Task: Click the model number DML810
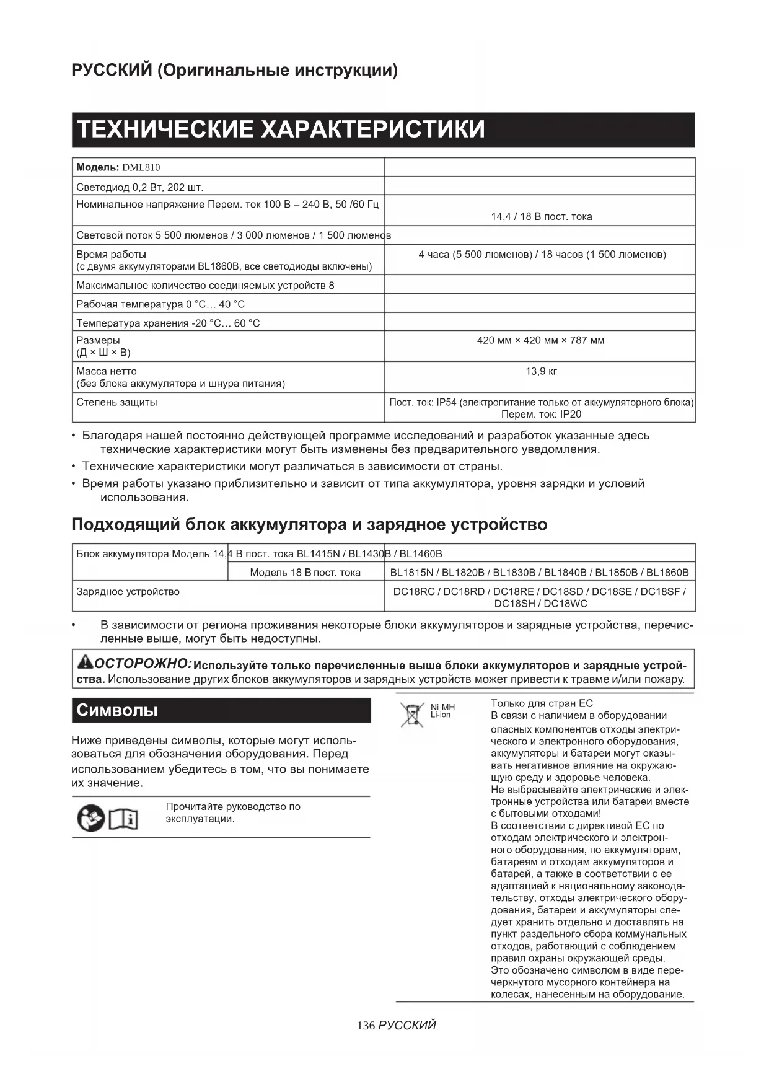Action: coord(141,167)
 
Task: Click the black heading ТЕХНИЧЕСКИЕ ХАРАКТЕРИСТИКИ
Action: coord(281,130)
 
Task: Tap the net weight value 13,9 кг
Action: coord(541,371)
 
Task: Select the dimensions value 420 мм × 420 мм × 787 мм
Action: coord(540,340)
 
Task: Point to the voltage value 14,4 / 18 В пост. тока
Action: coord(541,216)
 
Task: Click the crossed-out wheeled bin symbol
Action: coord(411,715)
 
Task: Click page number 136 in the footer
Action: coord(366,1026)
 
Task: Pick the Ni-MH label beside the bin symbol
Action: coord(442,707)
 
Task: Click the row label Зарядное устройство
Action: coord(128,592)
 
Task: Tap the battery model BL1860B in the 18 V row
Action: coord(667,573)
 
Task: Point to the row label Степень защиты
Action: coord(116,402)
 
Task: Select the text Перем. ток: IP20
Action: coord(541,415)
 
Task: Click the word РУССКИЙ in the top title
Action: coord(112,70)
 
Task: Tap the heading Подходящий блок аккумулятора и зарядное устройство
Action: coord(309,525)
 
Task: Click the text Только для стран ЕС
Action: coord(542,703)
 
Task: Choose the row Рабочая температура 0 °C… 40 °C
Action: coord(160,304)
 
